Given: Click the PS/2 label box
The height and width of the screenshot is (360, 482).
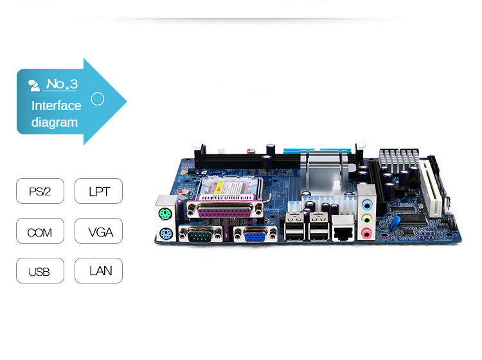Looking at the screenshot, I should pyautogui.click(x=40, y=191).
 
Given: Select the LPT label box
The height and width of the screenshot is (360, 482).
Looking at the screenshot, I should pyautogui.click(x=98, y=191).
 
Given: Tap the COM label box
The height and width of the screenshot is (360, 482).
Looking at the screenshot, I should pyautogui.click(x=40, y=231).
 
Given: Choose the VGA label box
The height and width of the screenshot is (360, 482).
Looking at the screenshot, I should pyautogui.click(x=98, y=231).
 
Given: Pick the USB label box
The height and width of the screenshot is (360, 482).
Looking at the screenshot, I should pyautogui.click(x=40, y=271).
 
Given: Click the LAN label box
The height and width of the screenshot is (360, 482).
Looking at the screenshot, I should pyautogui.click(x=98, y=271).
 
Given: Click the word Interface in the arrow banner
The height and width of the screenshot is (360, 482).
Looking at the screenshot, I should pyautogui.click(x=57, y=105).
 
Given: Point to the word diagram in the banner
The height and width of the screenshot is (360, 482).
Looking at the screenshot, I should pyautogui.click(x=55, y=122).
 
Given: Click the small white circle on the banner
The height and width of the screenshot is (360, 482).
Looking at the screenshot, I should pyautogui.click(x=98, y=99).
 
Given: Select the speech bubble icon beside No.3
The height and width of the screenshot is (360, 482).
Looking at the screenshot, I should pyautogui.click(x=34, y=84).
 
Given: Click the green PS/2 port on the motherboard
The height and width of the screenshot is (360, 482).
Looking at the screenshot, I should pyautogui.click(x=164, y=215).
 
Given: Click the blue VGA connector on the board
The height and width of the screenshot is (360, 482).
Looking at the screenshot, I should pyautogui.click(x=256, y=236).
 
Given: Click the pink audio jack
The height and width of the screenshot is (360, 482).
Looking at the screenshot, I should pyautogui.click(x=367, y=231).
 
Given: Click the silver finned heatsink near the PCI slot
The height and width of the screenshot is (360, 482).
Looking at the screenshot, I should pyautogui.click(x=395, y=159).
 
